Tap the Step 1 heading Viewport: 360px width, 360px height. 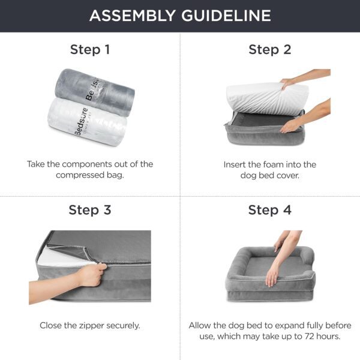click(x=90, y=49)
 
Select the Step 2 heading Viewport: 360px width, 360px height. click(x=270, y=49)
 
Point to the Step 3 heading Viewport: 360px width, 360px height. click(x=90, y=210)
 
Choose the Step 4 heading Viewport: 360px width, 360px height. click(x=270, y=210)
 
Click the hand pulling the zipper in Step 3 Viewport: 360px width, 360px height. click(x=90, y=276)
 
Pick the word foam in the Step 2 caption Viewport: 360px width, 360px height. click(x=272, y=164)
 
